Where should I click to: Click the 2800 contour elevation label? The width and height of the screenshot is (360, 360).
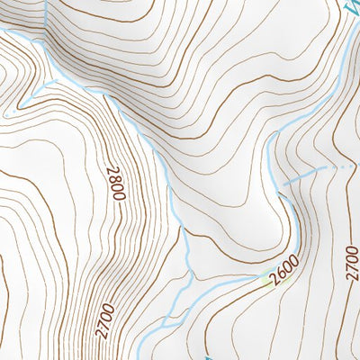click(x=117, y=184)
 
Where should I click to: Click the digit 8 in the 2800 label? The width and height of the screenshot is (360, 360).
click(x=117, y=179)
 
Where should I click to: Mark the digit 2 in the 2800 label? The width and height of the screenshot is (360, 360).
click(x=117, y=171)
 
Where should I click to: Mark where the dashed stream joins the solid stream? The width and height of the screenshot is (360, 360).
click(x=285, y=184)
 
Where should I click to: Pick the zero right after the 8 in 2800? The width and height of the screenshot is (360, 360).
click(x=117, y=188)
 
